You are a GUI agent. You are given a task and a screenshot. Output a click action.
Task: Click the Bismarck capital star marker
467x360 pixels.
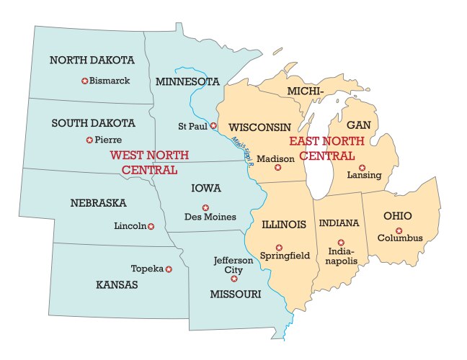84,81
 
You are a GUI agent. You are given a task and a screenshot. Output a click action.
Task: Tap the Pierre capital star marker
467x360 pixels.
89,140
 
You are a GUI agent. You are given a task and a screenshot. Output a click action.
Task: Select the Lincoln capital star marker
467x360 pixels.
151,226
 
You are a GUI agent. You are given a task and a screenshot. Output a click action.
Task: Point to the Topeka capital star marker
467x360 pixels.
169,269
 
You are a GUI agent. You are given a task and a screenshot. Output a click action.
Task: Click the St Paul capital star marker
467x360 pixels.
213,125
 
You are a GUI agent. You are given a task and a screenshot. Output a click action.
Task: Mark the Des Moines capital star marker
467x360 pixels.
205,207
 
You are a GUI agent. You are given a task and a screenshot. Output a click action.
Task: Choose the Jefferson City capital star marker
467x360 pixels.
233,278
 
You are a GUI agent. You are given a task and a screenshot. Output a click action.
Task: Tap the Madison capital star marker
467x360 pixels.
277,168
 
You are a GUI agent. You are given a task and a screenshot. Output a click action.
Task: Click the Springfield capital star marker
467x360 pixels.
279,247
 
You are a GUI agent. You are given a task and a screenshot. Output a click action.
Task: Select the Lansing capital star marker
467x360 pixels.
362,167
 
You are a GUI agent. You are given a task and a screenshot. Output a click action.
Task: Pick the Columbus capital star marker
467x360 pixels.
399,230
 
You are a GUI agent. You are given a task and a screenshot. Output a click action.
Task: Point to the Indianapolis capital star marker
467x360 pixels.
341,242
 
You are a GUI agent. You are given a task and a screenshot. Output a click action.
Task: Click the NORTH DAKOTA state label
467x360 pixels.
92,60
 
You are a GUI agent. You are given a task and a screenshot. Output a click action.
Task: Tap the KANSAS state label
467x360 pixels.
116,285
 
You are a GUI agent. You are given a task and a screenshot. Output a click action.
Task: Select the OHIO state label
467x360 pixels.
398,216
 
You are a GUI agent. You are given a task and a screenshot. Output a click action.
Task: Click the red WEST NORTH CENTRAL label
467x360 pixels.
149,163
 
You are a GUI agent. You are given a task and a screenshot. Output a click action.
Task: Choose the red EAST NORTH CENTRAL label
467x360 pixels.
321,148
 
